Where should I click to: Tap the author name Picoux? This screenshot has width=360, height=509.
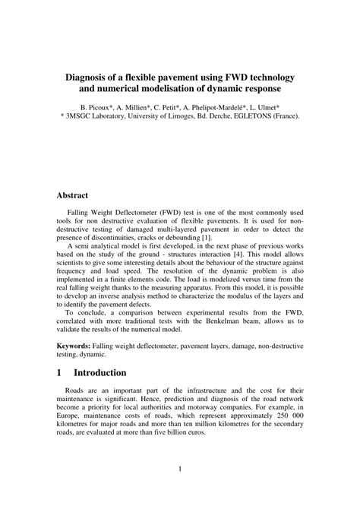click(116, 108)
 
